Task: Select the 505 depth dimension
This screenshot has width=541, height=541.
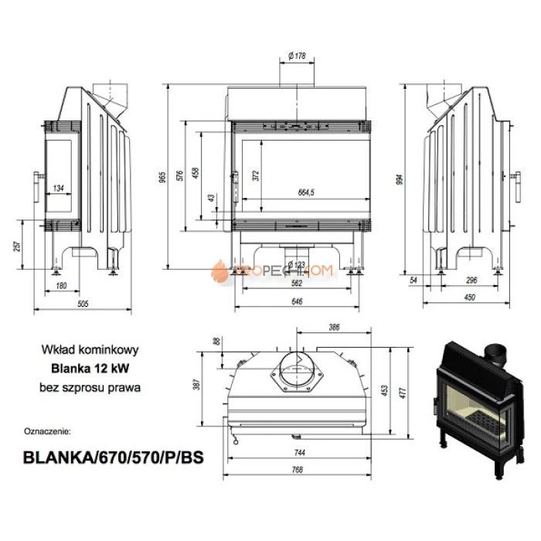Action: pyautogui.click(x=83, y=304)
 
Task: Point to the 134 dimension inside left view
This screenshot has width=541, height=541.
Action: pyautogui.click(x=59, y=188)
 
